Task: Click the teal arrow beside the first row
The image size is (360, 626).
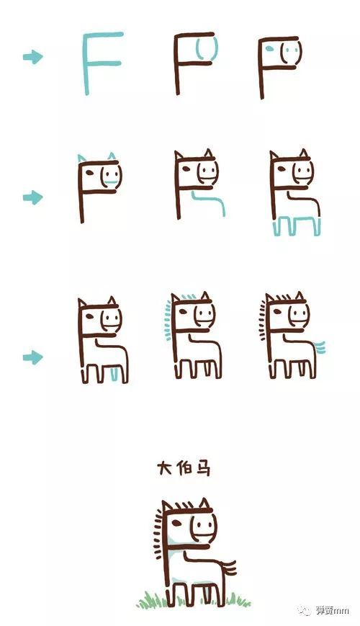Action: [32, 57]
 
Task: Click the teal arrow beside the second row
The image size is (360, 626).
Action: [32, 197]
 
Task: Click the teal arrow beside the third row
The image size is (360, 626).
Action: [32, 357]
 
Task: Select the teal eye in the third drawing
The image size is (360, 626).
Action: [269, 49]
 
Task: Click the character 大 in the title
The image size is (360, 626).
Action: [165, 468]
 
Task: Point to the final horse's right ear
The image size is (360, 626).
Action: [204, 504]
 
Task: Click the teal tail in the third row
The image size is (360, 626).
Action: [320, 348]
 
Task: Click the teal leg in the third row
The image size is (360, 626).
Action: [114, 375]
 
